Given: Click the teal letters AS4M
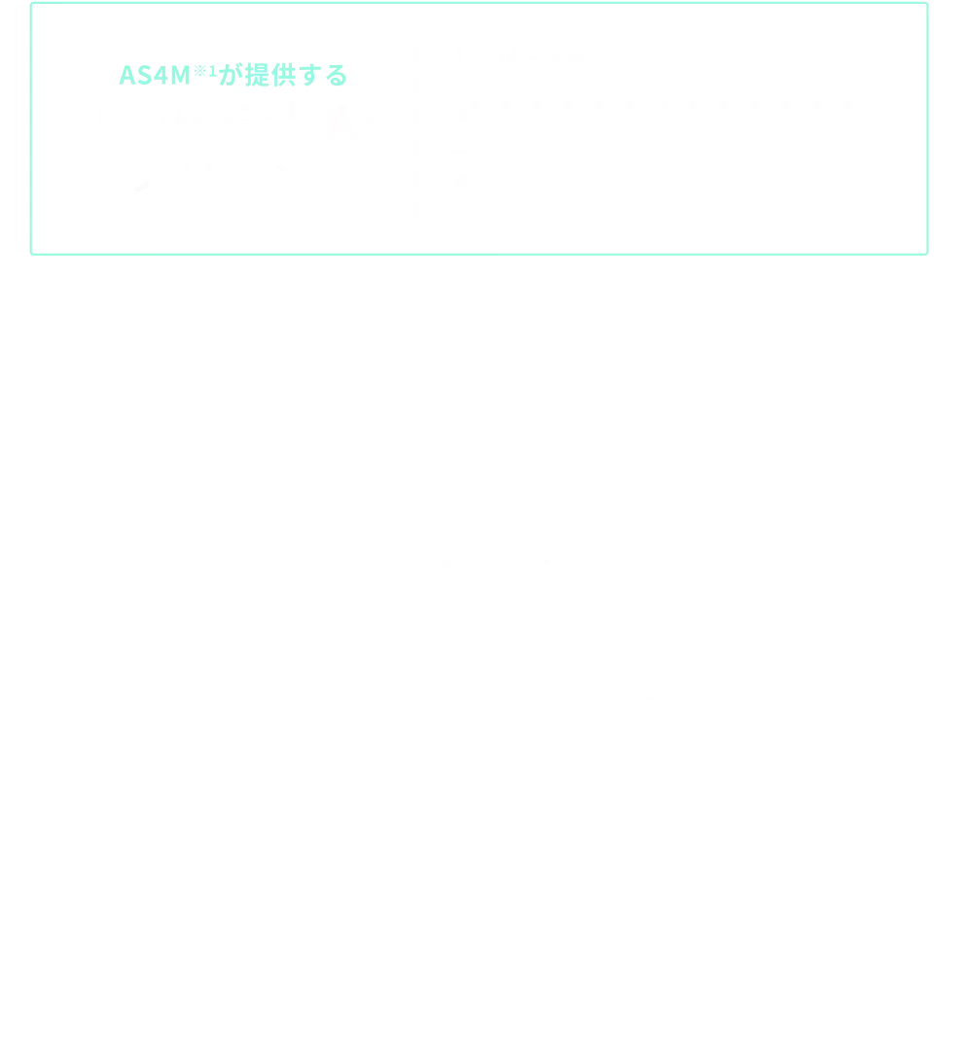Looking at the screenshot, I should [x=145, y=74].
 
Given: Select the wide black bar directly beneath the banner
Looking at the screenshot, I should [x=720, y=285].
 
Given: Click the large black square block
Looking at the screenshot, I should [x=749, y=416].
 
